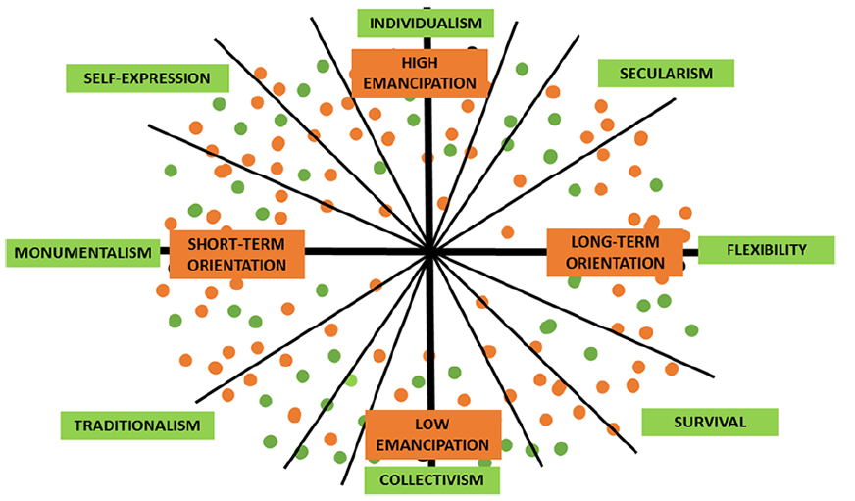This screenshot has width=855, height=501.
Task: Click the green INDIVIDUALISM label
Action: [426, 24]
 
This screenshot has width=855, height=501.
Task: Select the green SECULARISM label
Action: [666, 74]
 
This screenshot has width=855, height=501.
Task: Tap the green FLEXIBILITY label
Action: [766, 250]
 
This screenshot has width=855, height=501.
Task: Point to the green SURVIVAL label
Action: [710, 422]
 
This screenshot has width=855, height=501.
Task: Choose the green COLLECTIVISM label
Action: [431, 480]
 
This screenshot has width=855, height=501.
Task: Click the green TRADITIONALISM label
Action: [137, 426]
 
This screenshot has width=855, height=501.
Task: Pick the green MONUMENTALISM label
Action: [83, 253]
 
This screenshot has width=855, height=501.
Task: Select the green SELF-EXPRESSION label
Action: [147, 78]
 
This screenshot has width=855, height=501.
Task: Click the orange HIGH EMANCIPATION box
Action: [420, 74]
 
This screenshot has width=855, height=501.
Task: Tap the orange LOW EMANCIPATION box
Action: [433, 434]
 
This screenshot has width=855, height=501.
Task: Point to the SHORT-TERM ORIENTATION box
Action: [236, 255]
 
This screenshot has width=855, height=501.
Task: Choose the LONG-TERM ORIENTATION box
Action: [615, 252]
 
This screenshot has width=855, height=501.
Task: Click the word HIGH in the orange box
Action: [420, 63]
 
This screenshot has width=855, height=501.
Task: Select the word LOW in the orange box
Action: [431, 425]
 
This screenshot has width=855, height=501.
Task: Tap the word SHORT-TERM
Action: [236, 244]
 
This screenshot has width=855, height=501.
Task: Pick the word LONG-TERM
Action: [615, 241]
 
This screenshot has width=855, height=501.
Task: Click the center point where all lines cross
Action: [430, 252]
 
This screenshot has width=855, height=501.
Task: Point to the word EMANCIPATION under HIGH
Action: [420, 84]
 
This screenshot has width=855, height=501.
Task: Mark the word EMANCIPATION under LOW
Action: [432, 445]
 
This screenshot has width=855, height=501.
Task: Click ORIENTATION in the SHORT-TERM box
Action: [236, 265]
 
